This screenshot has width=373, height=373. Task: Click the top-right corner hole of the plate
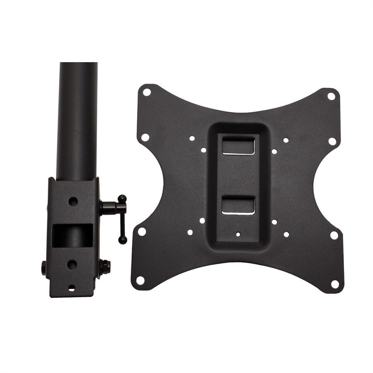click(331, 96)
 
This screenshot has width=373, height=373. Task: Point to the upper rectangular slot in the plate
click(238, 146)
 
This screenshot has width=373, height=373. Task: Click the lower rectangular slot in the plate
click(238, 206)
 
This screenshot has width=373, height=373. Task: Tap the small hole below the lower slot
click(238, 234)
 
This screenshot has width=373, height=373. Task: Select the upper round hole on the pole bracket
click(73, 201)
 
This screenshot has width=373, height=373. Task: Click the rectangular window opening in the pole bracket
click(73, 235)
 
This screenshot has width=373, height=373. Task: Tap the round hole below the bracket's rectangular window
click(72, 264)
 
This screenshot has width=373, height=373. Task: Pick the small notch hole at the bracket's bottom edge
click(72, 288)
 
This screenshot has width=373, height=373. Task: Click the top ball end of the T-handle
click(122, 199)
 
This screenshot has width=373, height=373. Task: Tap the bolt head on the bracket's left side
click(44, 268)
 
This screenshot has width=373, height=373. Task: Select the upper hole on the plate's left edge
click(145, 137)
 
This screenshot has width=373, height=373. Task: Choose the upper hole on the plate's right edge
click(332, 141)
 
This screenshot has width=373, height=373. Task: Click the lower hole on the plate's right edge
click(334, 235)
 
